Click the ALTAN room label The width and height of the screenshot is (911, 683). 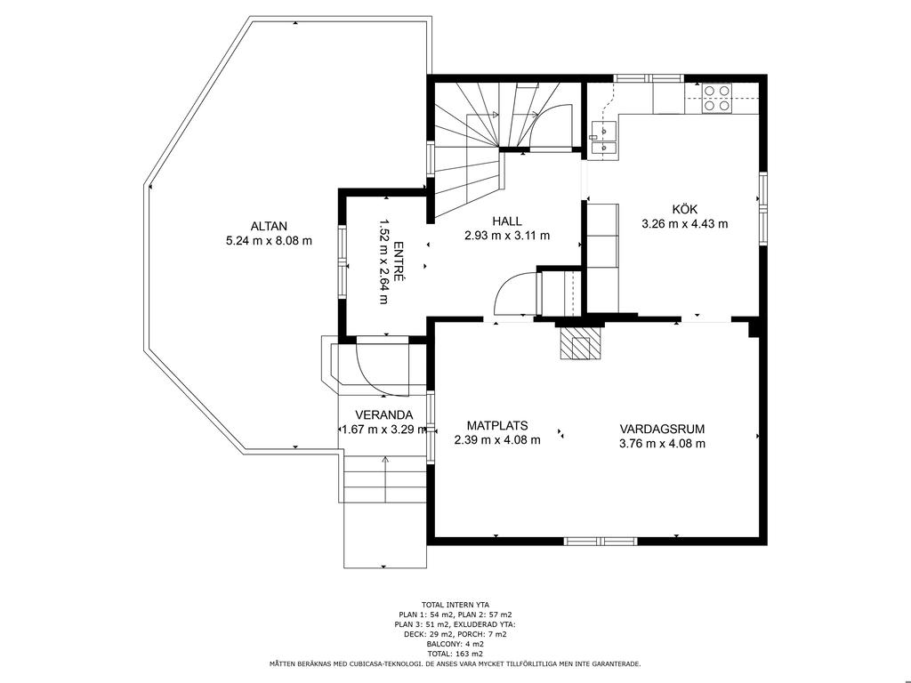(269, 227)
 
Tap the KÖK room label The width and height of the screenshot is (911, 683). (684, 210)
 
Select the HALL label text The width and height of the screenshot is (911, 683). (506, 221)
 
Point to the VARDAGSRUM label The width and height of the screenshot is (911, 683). (662, 430)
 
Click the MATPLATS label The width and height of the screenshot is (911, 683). (496, 426)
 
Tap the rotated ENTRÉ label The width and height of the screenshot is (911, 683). (399, 261)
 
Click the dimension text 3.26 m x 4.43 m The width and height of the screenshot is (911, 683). (684, 223)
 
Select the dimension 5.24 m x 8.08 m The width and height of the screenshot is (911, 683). (269, 240)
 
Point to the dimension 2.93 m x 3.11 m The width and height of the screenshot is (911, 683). (506, 236)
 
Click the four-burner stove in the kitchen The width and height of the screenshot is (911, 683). (716, 98)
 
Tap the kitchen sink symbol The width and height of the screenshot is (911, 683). (604, 140)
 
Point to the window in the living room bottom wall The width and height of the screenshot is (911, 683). (601, 542)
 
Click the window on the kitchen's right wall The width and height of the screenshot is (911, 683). (763, 208)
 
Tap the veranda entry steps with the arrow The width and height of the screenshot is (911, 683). (384, 479)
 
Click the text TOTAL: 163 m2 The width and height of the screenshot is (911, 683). (455, 654)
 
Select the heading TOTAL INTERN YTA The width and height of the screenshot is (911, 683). (455, 605)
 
